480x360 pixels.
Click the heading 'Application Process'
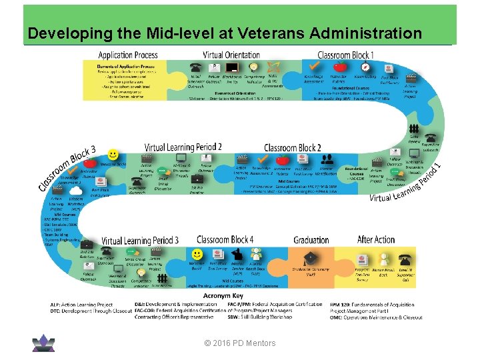coord(128,55)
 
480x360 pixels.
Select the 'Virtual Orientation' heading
coord(231,55)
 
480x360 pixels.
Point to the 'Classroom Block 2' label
coord(293,147)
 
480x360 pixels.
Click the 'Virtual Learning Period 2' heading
coord(183,147)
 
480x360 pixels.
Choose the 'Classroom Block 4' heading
coord(225,239)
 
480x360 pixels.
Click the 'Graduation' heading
coord(311,239)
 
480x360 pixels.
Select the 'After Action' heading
coord(376,239)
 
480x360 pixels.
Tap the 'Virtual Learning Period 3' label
coord(140,240)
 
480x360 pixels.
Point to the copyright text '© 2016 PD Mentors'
coord(240,343)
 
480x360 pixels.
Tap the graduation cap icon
coord(311,257)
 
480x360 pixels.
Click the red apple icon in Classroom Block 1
coord(339,66)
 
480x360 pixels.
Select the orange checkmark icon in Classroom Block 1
coord(314,66)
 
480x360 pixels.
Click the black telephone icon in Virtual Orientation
coord(196,67)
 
